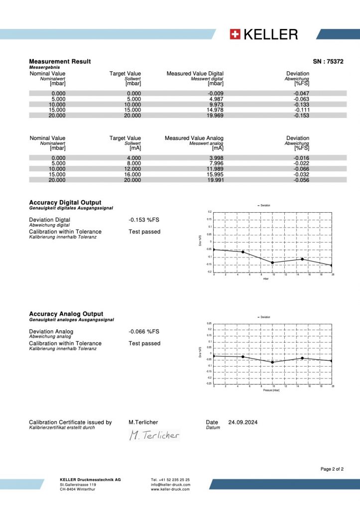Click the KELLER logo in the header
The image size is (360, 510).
tap(264, 34)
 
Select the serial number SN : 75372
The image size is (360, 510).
tap(328, 61)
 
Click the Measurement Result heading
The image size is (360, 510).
tap(60, 61)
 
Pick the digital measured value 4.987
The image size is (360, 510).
tap(215, 99)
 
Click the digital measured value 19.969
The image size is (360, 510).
tap(214, 116)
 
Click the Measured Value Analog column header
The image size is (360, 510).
tap(194, 138)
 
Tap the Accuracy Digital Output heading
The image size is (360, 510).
tap(65, 203)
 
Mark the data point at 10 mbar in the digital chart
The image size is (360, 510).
tap(273, 262)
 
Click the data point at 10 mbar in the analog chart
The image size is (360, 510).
tap(273, 362)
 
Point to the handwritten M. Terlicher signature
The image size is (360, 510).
tap(154, 435)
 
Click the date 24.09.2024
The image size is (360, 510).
tap(243, 422)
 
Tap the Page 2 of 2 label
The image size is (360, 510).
tap(332, 469)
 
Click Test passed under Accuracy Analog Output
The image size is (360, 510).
tap(144, 343)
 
